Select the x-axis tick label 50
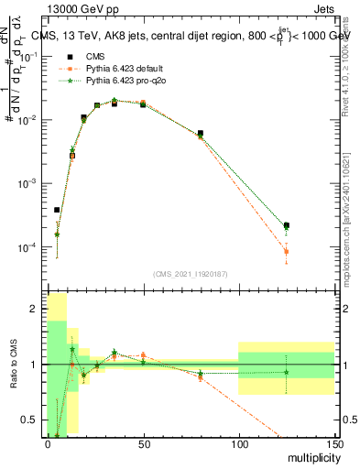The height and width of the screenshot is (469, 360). click(143, 444)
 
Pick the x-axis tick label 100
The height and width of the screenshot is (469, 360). click(238, 444)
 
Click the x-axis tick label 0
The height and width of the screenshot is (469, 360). click(48, 444)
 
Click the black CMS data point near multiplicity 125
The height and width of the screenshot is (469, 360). click(287, 225)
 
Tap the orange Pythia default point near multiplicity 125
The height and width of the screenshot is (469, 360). click(287, 251)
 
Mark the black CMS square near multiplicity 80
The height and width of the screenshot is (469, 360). click(201, 133)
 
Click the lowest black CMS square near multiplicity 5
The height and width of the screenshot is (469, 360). click(57, 210)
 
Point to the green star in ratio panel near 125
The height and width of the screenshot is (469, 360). click(287, 372)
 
